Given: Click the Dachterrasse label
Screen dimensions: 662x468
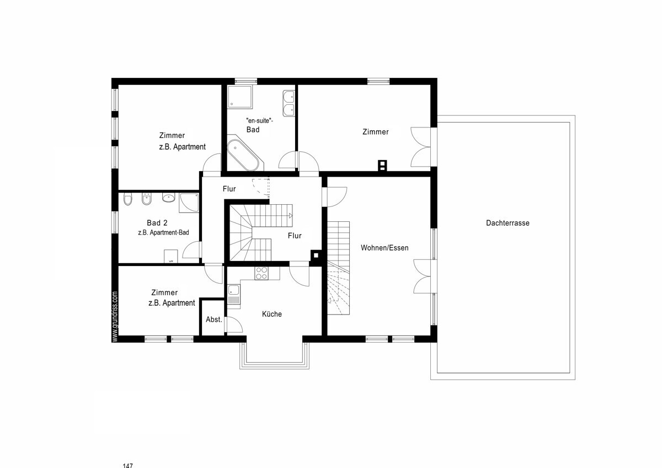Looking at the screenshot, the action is tap(508, 223).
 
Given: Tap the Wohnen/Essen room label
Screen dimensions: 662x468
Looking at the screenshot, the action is tap(385, 248).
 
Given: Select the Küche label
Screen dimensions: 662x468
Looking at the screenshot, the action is tap(272, 314).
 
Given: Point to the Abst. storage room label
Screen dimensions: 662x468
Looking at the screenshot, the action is tap(213, 320).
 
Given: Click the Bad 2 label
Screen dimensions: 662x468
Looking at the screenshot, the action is tap(157, 222).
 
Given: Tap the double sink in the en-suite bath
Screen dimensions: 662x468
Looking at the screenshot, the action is tap(289, 103).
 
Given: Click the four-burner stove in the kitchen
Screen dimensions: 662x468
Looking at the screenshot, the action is tap(261, 273).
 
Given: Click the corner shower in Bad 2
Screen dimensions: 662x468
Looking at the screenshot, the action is tap(189, 203).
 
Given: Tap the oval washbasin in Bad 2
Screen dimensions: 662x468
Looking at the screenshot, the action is tap(168, 198).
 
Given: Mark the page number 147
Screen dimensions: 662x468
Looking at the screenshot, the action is tap(127, 466).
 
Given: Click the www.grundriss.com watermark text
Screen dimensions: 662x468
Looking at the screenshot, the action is tap(115, 317).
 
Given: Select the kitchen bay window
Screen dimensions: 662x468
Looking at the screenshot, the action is tap(275, 356).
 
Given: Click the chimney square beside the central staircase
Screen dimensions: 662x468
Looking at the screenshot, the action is tap(316, 255).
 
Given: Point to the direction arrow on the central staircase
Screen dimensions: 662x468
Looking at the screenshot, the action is tap(291, 215).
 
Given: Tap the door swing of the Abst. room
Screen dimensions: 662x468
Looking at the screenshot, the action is tap(234, 325).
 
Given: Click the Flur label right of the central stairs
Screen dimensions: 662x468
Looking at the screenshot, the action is tap(295, 236).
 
